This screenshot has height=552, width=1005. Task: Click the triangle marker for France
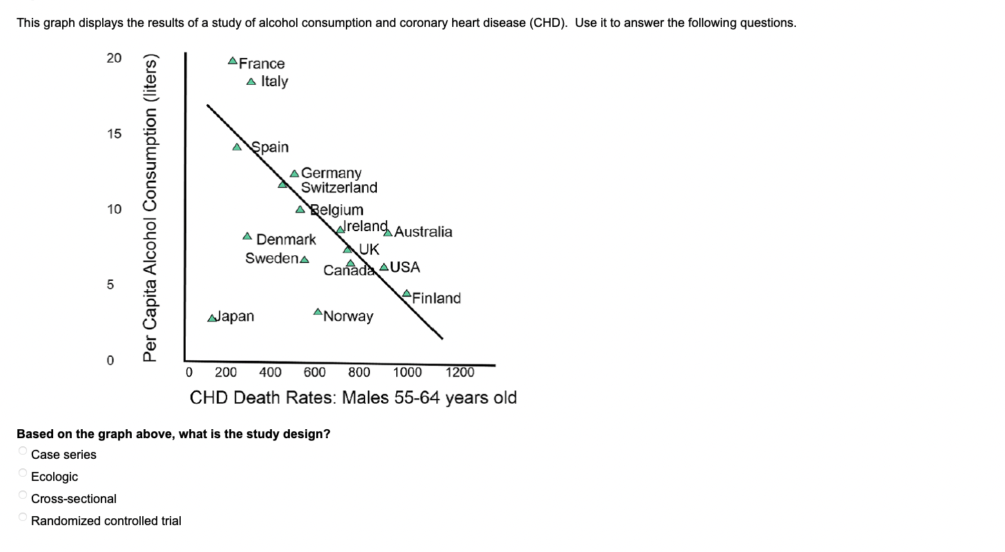[233, 61]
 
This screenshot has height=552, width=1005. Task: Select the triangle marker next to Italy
[251, 81]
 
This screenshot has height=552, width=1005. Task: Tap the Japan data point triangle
[213, 318]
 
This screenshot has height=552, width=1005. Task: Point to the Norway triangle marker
[318, 313]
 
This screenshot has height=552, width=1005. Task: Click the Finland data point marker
[407, 293]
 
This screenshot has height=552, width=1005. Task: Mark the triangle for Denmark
[247, 236]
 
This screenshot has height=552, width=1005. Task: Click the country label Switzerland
[339, 188]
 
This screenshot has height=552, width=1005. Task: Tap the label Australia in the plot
[423, 232]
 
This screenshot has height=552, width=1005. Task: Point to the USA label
[405, 267]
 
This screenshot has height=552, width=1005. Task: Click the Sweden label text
[272, 258]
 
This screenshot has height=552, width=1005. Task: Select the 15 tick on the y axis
[114, 134]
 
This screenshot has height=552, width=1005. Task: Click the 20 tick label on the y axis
[114, 58]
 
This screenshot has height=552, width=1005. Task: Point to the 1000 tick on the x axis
[407, 373]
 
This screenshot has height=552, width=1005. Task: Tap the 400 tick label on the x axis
[270, 373]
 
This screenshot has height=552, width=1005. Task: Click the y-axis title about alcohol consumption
[151, 207]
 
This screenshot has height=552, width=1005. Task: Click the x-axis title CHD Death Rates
[353, 398]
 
